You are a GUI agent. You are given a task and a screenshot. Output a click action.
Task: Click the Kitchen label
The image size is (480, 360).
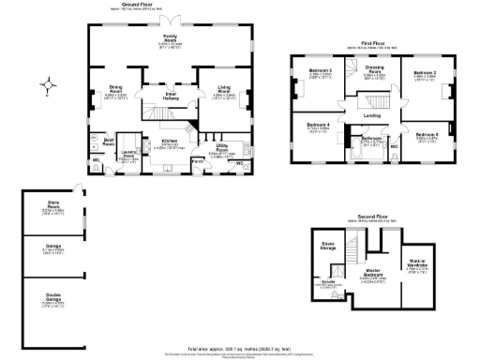coord(169,142)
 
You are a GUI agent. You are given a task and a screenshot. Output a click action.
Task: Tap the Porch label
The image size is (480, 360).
coord(197,161)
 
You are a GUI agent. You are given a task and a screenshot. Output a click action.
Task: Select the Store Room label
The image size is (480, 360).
coord(52,205)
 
